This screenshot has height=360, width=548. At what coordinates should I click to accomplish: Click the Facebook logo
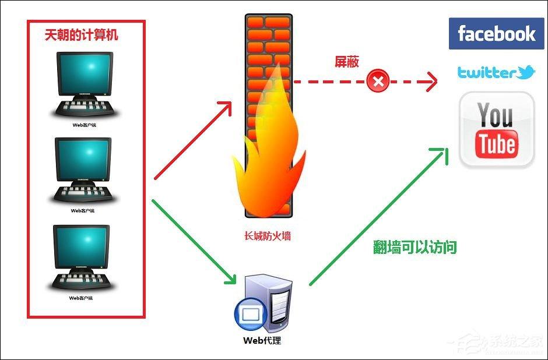point(496,34)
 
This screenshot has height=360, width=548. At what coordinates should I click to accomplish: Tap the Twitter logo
point(496,72)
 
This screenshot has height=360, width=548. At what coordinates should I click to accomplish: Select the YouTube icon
point(497,130)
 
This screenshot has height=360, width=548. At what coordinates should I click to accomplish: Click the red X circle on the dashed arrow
point(378,81)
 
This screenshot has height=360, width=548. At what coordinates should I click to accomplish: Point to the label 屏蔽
point(346,62)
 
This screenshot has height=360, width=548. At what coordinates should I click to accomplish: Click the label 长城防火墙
point(267,237)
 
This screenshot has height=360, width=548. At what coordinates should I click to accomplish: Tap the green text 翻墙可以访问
point(414,247)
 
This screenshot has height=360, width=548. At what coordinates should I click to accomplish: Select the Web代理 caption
point(262,340)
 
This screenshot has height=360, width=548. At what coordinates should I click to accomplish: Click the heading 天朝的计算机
point(82,35)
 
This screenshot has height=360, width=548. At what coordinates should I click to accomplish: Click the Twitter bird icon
point(526,72)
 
